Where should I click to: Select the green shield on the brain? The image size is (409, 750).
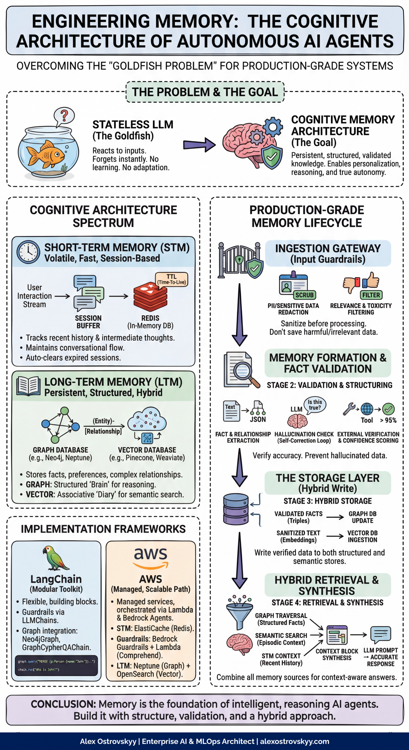click(x=272, y=157)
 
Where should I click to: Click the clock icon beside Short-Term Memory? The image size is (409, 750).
click(x=28, y=252)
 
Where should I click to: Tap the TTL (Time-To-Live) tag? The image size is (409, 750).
click(x=172, y=279)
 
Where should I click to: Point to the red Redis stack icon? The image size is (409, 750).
click(x=150, y=297)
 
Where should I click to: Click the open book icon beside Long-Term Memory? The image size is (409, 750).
click(x=28, y=386)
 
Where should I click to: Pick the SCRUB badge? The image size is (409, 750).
click(x=304, y=295)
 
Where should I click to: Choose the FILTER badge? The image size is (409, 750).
click(x=371, y=295)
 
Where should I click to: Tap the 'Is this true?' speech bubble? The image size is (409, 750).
click(x=315, y=405)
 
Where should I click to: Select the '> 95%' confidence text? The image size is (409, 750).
click(x=388, y=420)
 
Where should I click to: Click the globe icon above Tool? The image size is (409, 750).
click(x=367, y=409)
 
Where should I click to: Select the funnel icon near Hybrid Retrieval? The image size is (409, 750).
click(x=240, y=614)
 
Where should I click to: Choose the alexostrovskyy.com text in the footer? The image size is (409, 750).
click(x=294, y=741)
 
